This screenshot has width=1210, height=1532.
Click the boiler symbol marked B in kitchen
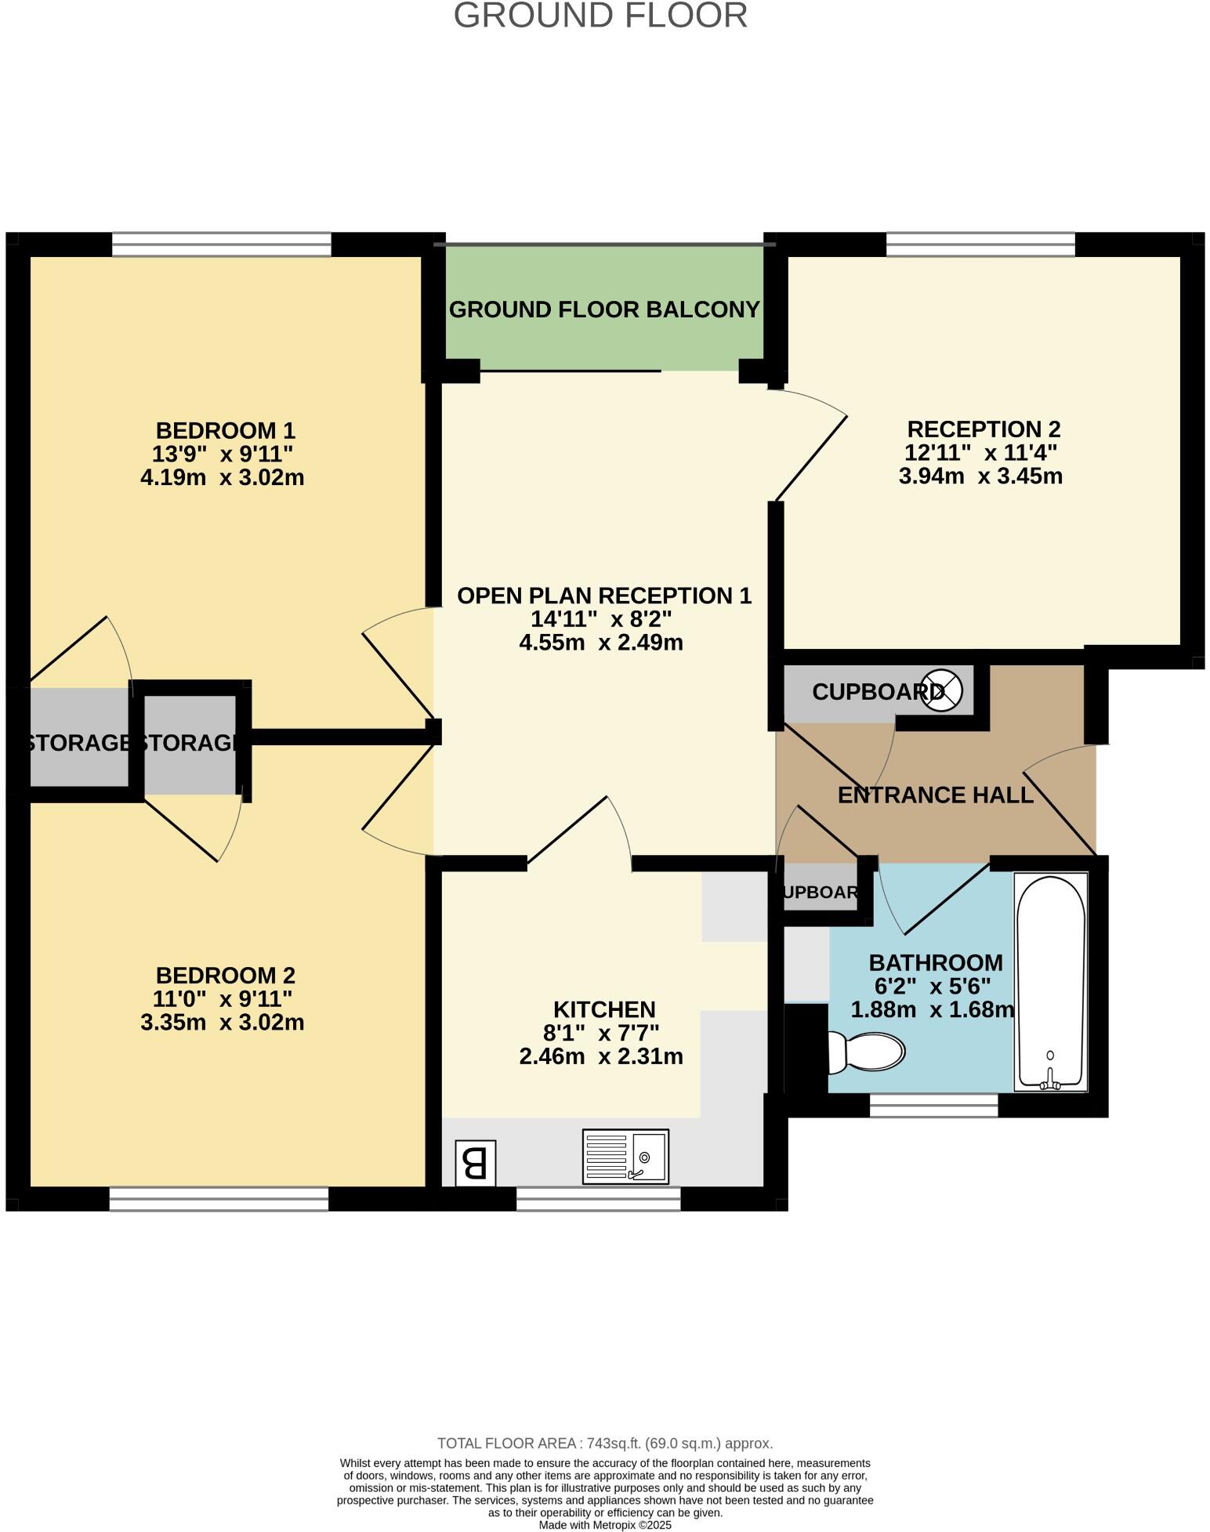475,1163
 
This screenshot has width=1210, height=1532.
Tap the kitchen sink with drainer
625,1156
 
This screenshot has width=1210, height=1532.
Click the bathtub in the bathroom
1050,983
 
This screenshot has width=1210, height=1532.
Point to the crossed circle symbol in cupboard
941,690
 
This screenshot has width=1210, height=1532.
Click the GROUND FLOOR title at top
600,16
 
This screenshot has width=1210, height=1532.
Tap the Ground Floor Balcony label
604,310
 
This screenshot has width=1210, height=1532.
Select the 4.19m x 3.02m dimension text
223,477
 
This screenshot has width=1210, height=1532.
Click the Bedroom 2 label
226,976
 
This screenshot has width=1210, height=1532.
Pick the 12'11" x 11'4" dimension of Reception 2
981,453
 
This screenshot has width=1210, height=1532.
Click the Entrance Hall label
935,795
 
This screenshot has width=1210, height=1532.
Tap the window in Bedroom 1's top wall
222,244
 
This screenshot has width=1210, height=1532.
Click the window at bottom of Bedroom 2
219,1199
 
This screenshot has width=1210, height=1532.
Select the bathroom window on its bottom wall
933,1105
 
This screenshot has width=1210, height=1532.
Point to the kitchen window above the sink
598,1199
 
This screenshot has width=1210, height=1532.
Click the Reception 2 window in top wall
980,244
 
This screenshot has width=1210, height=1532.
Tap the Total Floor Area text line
604,1443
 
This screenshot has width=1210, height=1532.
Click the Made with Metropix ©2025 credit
604,1525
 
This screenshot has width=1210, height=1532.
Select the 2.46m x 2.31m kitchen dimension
601,1056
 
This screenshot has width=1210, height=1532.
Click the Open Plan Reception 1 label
604,596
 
